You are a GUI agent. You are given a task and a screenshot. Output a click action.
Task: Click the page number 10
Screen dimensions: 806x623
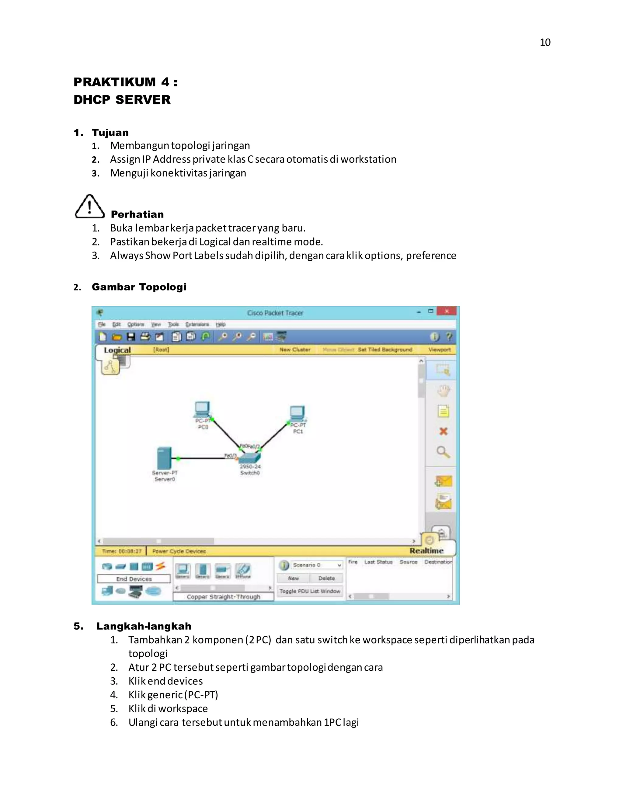[x=545, y=43]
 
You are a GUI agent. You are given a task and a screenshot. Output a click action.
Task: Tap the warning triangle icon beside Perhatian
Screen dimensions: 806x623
[x=90, y=207]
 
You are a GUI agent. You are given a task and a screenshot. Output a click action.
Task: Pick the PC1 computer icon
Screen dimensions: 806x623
[x=298, y=413]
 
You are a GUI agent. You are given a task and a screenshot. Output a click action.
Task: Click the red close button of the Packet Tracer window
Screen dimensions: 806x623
[x=447, y=311]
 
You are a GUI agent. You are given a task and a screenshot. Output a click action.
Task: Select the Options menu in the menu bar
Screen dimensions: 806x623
[x=135, y=325]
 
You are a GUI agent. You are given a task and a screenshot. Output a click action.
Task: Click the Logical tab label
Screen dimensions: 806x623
[x=117, y=350]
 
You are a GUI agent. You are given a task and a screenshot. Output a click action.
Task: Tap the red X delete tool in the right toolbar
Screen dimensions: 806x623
[x=443, y=431]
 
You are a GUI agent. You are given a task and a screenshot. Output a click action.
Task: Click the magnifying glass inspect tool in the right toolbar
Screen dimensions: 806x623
[x=443, y=452]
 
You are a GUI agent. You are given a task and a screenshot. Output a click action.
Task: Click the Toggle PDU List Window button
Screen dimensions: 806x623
[x=310, y=591]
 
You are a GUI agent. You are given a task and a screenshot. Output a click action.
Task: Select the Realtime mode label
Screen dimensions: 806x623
[x=426, y=551]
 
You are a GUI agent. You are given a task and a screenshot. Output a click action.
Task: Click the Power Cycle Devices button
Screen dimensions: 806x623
[x=179, y=551]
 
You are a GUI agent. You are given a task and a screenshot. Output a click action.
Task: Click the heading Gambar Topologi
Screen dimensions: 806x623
[x=139, y=287]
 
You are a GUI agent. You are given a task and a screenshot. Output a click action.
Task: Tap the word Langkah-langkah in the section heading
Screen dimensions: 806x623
[x=144, y=626]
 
